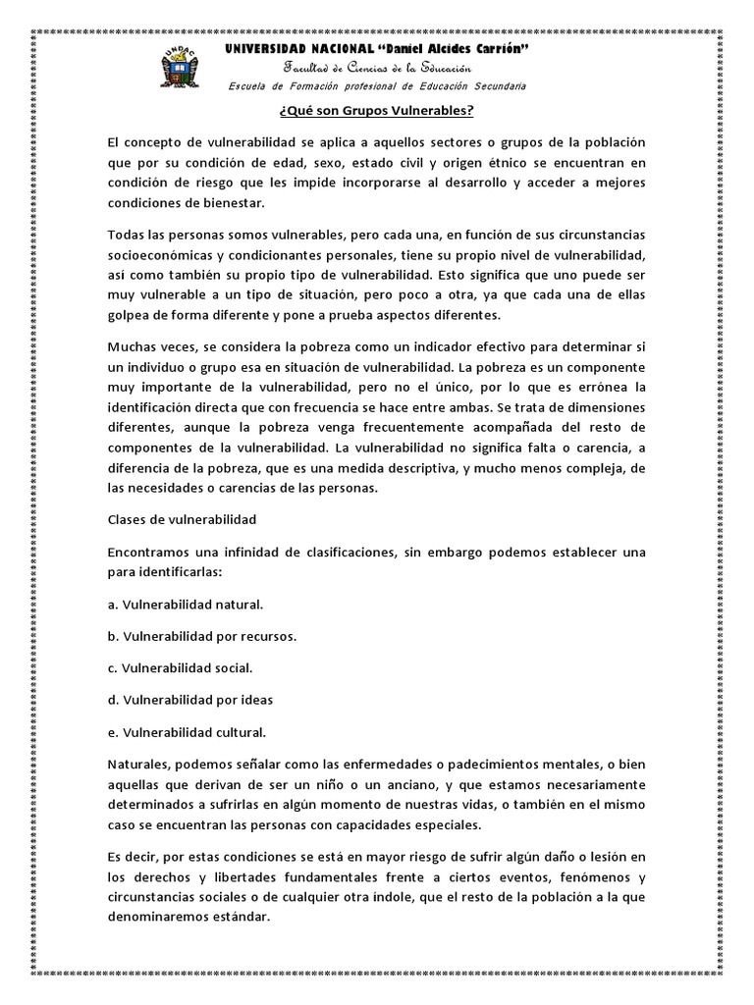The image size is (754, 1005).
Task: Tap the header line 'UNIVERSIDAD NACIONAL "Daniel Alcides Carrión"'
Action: coord(378,48)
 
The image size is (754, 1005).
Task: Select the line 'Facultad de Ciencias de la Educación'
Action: coord(378,67)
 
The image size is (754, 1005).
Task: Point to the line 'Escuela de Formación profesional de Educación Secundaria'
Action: coord(378,85)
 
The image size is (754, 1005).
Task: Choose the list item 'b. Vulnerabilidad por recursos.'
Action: coord(202,636)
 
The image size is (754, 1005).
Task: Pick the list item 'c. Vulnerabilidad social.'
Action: coord(181,667)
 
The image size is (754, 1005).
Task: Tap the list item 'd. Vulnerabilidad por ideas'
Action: coord(190,700)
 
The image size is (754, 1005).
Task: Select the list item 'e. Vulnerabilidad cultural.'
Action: coord(188,731)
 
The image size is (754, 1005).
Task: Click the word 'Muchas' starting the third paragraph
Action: coord(132,348)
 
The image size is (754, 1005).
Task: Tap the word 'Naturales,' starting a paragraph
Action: coord(139,764)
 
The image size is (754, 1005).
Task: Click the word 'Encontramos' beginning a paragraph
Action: coord(148,553)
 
